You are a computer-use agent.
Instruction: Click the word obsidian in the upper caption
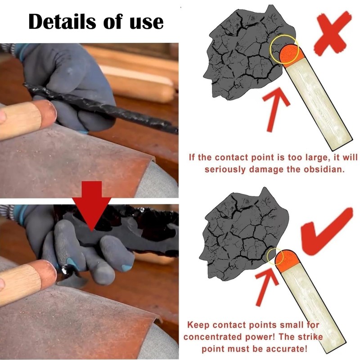coord(315,170)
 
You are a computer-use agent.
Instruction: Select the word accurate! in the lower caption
coord(285,349)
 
